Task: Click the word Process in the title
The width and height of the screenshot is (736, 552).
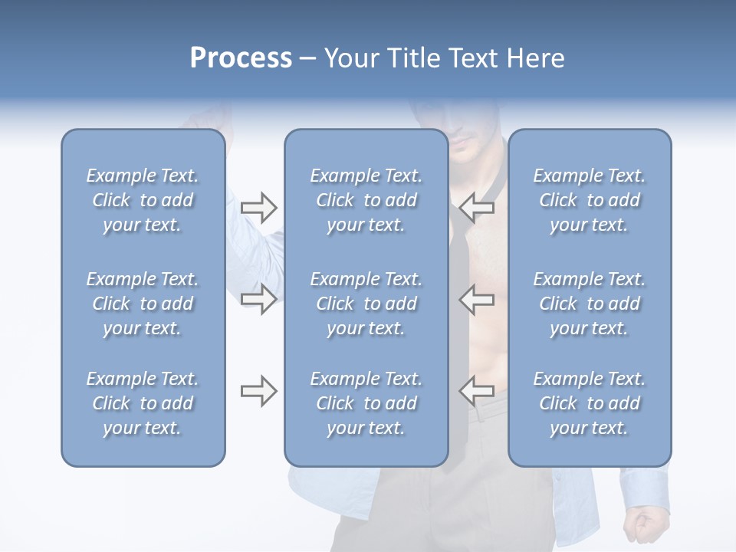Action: click(241, 58)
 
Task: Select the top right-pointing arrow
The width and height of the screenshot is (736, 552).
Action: click(258, 207)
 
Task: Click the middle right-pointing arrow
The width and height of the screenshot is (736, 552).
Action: click(258, 299)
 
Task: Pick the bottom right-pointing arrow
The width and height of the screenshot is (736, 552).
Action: click(258, 392)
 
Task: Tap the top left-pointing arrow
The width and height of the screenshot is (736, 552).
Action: click(477, 207)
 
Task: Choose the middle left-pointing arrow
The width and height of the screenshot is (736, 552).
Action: click(477, 299)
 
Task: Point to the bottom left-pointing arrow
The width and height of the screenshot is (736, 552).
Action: click(477, 392)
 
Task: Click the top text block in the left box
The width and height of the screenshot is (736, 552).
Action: click(143, 200)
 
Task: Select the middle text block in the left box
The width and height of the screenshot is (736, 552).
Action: click(143, 304)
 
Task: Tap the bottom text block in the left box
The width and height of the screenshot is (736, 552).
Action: click(143, 403)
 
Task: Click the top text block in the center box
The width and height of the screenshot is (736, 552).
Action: click(366, 200)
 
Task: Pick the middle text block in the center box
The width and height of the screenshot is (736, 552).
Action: click(366, 304)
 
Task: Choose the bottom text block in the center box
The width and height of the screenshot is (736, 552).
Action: click(366, 403)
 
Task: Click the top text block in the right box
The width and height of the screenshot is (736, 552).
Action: click(590, 200)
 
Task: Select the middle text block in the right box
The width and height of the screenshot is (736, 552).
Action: click(590, 304)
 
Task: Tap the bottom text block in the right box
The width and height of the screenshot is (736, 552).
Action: click(590, 403)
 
